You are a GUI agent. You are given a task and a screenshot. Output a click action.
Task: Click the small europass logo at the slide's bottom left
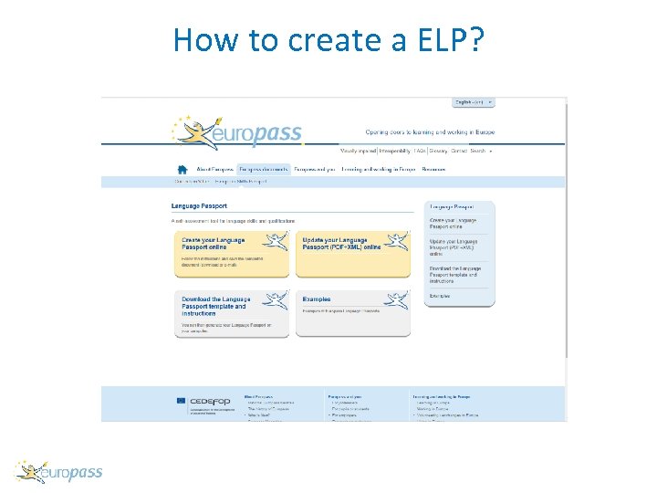click(x=59, y=472)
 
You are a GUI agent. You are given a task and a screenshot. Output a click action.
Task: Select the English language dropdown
click(x=474, y=102)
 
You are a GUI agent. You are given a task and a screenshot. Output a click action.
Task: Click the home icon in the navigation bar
click(x=182, y=169)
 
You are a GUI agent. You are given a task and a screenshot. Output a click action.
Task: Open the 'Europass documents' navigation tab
click(x=264, y=169)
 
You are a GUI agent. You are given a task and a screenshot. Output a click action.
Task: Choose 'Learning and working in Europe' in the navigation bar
click(x=378, y=169)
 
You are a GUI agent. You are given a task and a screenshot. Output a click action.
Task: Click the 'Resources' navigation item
click(x=433, y=169)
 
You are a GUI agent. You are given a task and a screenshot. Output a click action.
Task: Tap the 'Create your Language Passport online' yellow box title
click(x=214, y=243)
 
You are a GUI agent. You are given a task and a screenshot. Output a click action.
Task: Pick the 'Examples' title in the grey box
click(x=317, y=299)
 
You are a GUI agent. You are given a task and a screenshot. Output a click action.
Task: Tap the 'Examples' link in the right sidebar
click(x=440, y=296)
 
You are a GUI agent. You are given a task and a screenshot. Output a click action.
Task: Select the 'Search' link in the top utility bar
click(x=477, y=151)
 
